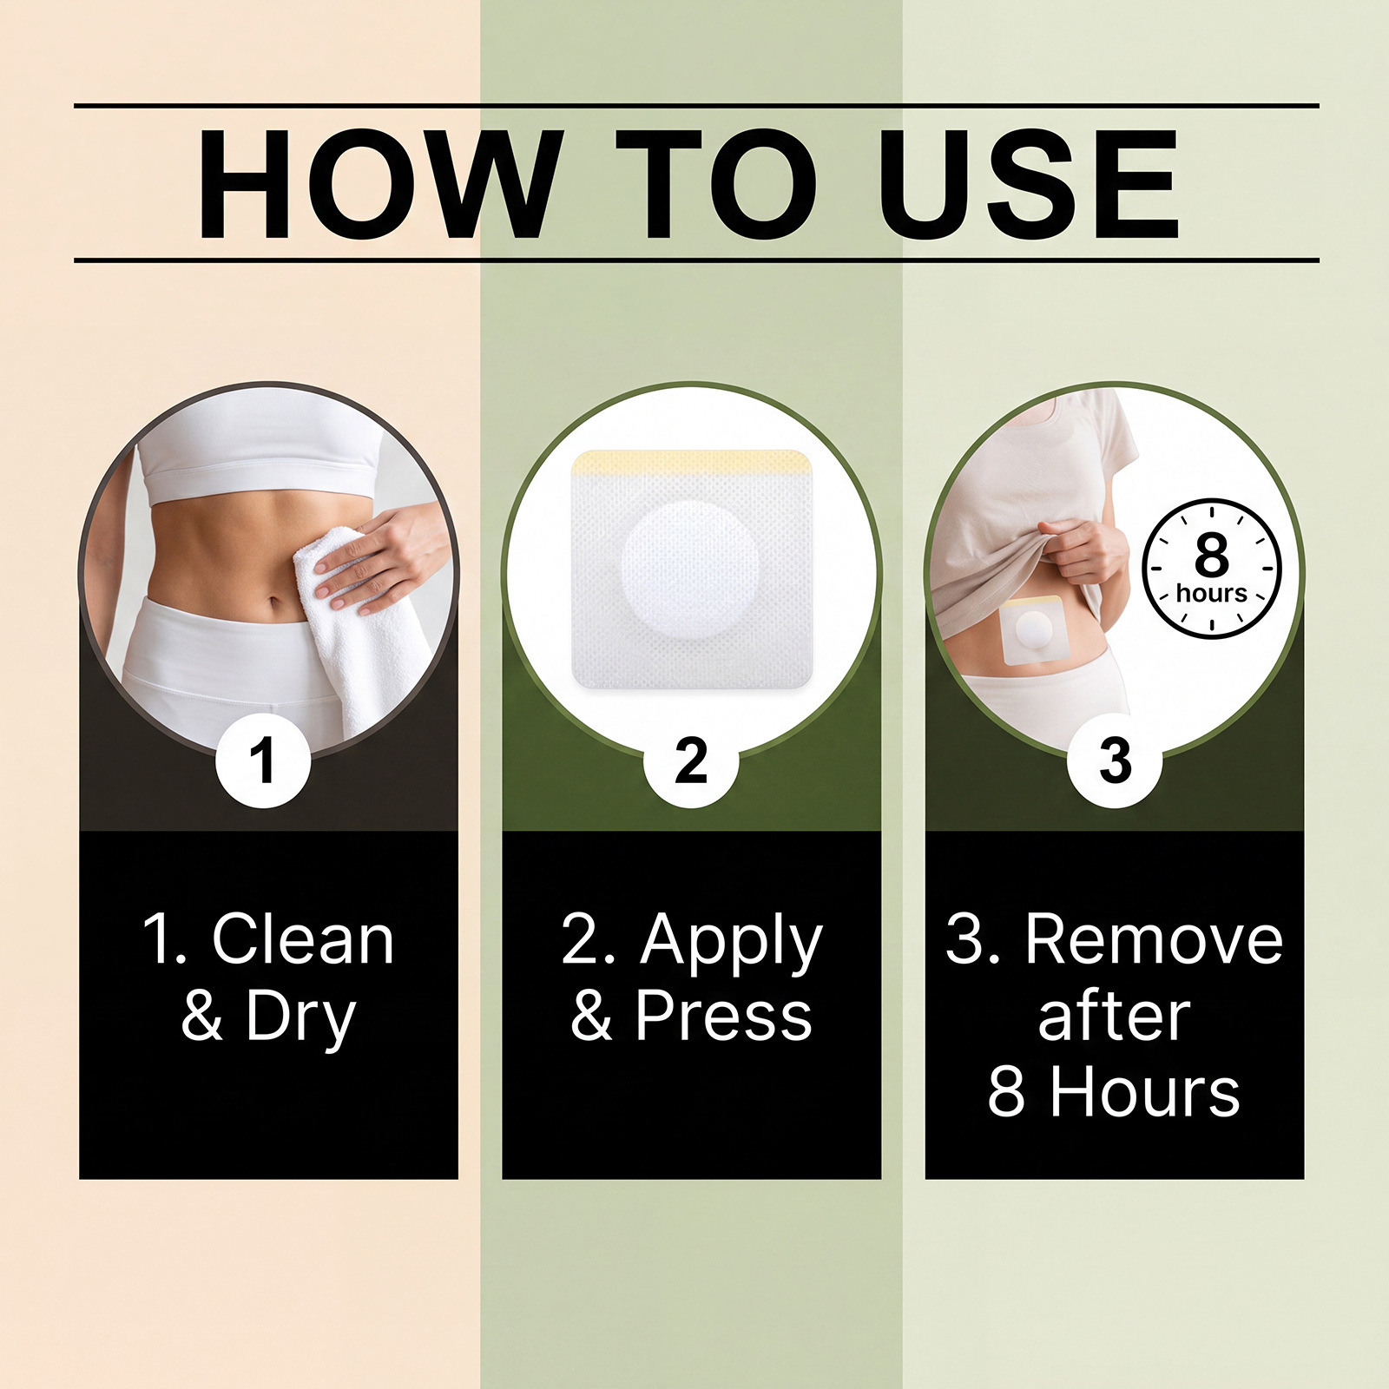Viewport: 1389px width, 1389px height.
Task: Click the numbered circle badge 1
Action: coord(263,760)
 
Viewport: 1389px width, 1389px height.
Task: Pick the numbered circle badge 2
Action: coord(691,760)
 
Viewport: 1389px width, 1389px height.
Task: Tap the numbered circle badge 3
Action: coord(1115,760)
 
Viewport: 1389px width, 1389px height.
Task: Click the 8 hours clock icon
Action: coord(1212,569)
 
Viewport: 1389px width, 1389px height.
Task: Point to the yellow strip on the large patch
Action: coord(692,462)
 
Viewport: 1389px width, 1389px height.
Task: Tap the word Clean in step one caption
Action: coord(303,939)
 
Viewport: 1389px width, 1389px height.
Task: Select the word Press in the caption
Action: coord(723,1015)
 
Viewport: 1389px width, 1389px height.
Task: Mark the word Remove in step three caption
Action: coord(1154,939)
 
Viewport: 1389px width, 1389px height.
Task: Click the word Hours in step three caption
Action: coord(1145,1092)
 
